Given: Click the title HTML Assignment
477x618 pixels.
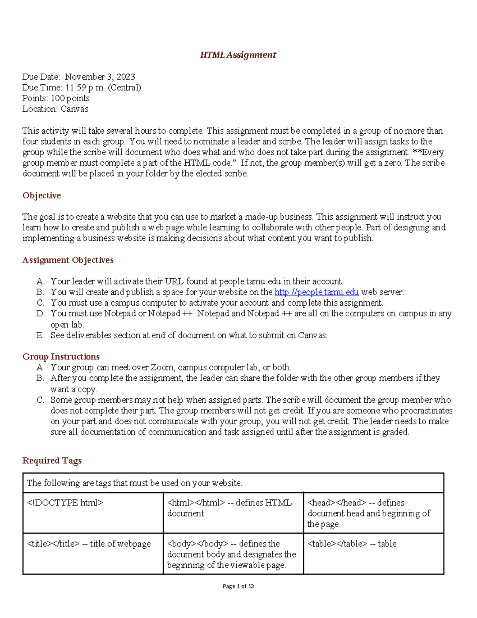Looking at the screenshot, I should click(238, 55).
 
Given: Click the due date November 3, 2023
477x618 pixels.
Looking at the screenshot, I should click(100, 77).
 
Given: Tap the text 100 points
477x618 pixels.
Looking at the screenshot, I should click(70, 98).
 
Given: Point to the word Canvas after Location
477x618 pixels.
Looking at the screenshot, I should click(74, 109).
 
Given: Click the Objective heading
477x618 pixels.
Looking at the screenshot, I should click(42, 195).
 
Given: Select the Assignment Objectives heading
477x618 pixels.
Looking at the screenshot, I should click(68, 260).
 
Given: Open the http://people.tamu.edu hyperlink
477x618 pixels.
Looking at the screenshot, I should click(316, 292).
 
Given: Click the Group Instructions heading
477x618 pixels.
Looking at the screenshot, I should click(61, 357).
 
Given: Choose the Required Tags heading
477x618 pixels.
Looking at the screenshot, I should click(52, 460).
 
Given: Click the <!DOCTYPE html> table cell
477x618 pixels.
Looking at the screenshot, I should click(65, 503).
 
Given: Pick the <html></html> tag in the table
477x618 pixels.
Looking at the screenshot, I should click(196, 503).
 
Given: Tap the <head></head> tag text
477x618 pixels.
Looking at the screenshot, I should click(336, 503).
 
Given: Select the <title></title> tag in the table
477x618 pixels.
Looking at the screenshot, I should click(53, 544).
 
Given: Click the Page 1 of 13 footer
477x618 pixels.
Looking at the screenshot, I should click(238, 586).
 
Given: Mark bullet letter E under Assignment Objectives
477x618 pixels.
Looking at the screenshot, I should click(40, 335).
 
